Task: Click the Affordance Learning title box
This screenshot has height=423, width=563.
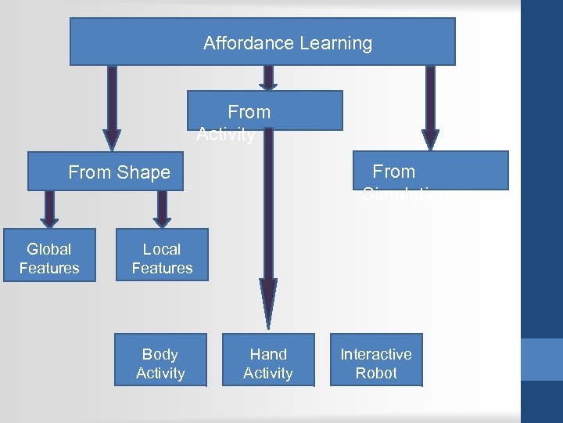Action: (263, 42)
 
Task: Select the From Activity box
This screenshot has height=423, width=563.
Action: (264, 110)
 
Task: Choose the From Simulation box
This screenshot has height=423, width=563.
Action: (430, 171)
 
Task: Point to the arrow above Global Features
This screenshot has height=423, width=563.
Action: (49, 208)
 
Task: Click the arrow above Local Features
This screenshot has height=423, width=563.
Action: (162, 208)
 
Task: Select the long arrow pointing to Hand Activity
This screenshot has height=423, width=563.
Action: (268, 235)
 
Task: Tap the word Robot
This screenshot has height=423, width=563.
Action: (376, 373)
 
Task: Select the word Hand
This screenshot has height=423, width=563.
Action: (268, 354)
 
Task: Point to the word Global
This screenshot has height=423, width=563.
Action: (49, 249)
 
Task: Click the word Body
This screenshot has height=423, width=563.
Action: (160, 354)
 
